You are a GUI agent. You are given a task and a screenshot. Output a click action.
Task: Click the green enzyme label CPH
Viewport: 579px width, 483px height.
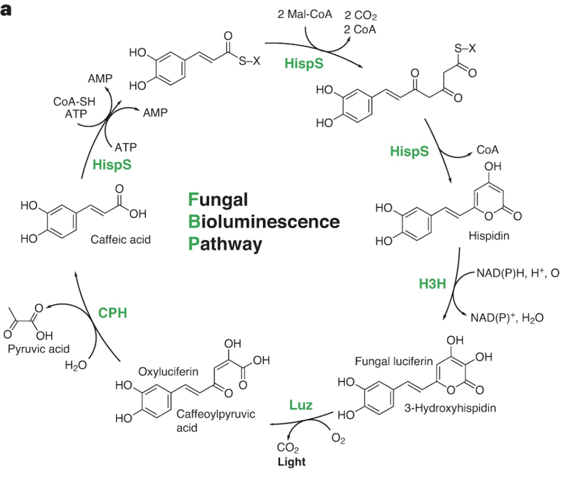coord(112,313)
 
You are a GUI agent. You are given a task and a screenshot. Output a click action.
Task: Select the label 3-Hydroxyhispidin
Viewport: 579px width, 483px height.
coord(450,407)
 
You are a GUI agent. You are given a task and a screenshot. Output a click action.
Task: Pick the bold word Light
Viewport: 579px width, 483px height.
coord(291,462)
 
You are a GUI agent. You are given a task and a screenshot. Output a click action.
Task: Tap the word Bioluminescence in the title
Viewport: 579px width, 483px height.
coord(264,222)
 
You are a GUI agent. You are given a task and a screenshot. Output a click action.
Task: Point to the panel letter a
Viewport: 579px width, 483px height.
coord(6,10)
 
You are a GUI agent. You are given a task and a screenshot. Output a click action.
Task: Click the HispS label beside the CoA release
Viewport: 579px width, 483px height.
coord(409,152)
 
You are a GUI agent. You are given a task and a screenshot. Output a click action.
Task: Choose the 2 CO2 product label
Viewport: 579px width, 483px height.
coord(361,17)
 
